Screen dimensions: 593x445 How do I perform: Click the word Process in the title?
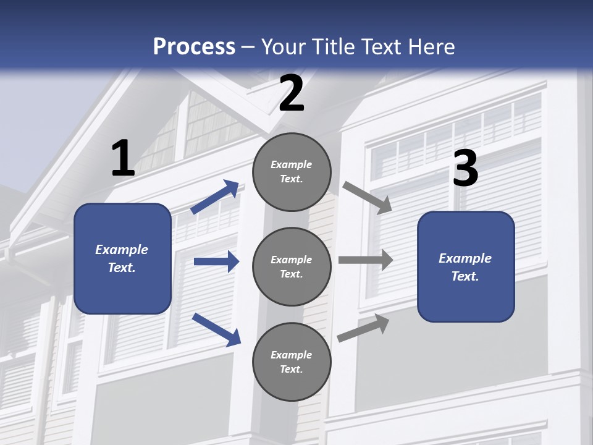click(194, 47)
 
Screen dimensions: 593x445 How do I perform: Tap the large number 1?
click(123, 158)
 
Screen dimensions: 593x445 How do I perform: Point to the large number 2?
click(292, 93)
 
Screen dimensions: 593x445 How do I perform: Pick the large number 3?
click(466, 167)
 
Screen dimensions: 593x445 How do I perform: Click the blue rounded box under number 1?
click(122, 259)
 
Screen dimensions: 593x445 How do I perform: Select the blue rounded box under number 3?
click(466, 267)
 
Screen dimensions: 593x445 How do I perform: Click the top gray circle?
click(292, 172)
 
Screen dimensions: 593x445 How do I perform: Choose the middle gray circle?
click(292, 267)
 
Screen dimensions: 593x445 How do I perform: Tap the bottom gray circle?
click(292, 362)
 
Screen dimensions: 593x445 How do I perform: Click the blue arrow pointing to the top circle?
click(215, 197)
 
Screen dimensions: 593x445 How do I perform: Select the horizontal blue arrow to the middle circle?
click(217, 261)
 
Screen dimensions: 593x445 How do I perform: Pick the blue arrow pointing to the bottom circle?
click(216, 329)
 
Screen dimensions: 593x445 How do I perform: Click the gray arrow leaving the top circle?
click(367, 198)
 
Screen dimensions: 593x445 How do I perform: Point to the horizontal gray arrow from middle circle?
click(366, 260)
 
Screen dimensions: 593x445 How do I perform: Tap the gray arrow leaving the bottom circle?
click(363, 328)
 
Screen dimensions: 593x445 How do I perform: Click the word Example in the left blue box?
click(122, 250)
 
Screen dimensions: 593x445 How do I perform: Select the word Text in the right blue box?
click(465, 276)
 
